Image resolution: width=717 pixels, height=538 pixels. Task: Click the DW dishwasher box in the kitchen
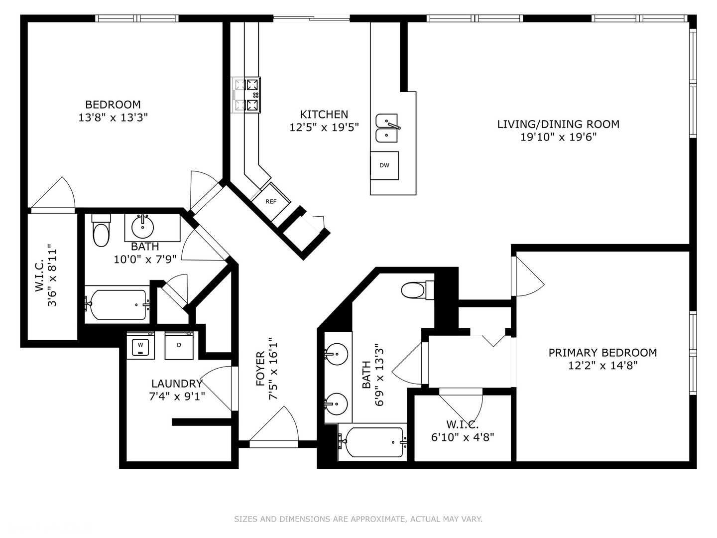point(384,165)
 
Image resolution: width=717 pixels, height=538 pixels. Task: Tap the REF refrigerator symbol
point(271,202)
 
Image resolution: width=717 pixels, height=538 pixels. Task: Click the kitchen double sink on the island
point(386,128)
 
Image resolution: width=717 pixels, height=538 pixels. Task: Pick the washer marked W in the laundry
point(140,345)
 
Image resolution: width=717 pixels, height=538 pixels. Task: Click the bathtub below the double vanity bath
point(372,442)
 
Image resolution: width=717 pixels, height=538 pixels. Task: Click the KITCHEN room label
point(324,115)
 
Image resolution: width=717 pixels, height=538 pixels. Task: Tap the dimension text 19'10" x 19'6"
point(558,137)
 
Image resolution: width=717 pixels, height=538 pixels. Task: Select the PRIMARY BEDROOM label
point(602,353)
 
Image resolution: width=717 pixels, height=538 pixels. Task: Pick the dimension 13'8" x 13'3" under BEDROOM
point(114,118)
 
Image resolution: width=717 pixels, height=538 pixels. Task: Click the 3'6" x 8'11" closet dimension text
point(52,275)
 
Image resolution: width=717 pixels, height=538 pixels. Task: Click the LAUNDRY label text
point(177,384)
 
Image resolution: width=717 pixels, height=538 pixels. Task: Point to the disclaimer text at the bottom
point(358,519)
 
